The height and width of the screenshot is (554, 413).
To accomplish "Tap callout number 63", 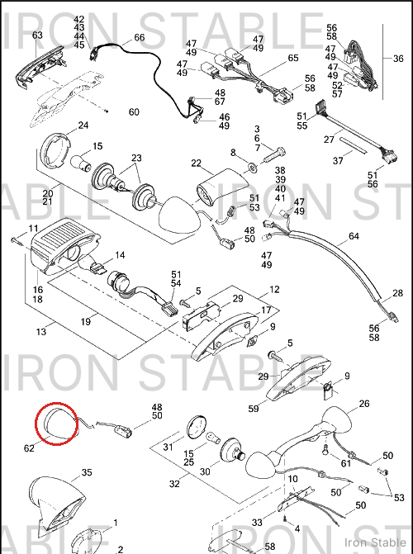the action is [37, 35].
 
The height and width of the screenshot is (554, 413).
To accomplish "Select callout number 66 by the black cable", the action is [140, 37].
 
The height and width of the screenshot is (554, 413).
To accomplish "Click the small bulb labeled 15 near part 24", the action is [81, 163].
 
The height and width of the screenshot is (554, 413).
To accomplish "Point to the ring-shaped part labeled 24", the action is [55, 149].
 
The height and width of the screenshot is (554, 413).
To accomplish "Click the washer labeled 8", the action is [253, 165].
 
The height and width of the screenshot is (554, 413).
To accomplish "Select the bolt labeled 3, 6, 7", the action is [275, 155].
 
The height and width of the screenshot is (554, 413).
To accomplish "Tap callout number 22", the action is [196, 163].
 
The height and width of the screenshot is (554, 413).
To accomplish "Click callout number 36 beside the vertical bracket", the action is [398, 58].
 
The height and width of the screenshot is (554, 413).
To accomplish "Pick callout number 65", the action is [293, 58].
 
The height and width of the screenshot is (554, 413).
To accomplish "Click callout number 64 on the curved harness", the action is [354, 236].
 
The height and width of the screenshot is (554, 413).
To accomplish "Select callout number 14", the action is [120, 255].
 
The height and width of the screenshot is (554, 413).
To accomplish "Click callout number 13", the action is [41, 331].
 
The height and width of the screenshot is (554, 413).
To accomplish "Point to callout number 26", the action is [363, 403].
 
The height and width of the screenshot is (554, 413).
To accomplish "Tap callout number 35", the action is [86, 472].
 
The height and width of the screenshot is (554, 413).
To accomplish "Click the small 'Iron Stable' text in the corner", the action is [376, 542].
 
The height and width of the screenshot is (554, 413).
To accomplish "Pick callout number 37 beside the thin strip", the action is [338, 161].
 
